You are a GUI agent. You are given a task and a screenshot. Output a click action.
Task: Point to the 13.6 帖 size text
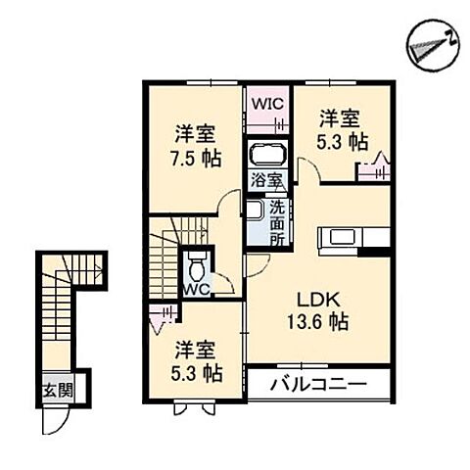pyautogui.click(x=313, y=321)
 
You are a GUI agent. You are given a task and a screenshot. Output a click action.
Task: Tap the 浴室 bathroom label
pyautogui.click(x=265, y=180)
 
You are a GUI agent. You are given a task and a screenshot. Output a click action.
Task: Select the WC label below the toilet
pyautogui.click(x=196, y=290)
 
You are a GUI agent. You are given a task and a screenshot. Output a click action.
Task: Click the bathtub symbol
pyautogui.click(x=265, y=155)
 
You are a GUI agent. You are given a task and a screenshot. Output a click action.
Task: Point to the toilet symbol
pyautogui.click(x=198, y=264)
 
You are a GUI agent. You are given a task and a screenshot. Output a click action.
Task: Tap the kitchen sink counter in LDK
pyautogui.click(x=352, y=237)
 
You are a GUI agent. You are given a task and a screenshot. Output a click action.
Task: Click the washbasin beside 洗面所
pyautogui.click(x=254, y=210)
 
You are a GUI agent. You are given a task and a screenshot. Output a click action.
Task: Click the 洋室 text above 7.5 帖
pyautogui.click(x=196, y=134)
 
